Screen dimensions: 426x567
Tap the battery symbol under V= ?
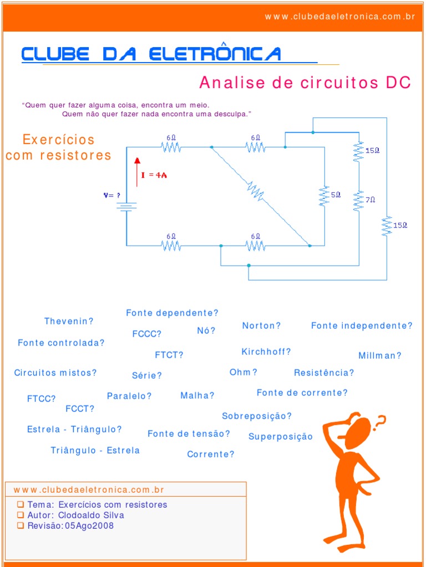(126, 207)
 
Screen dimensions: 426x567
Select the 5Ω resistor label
(336, 195)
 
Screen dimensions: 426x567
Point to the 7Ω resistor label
(370, 199)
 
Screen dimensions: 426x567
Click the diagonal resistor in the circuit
(255, 192)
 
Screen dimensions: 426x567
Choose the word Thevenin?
(69, 321)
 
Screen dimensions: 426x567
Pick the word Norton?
(261, 326)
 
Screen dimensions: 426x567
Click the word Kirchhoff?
(266, 352)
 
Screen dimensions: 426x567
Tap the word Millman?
(380, 355)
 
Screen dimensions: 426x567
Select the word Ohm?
(244, 372)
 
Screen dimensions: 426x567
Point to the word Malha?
(197, 395)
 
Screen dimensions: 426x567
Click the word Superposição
(281, 436)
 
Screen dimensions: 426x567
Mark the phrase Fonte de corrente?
(302, 393)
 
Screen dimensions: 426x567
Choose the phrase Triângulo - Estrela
(95, 450)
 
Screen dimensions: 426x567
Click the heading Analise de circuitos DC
(305, 83)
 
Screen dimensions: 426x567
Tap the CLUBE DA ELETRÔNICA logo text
(151, 54)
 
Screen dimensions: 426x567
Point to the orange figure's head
(357, 432)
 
